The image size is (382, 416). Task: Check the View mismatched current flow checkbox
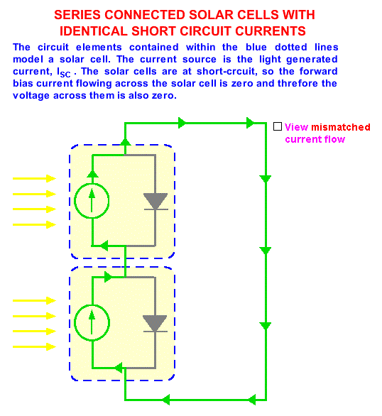[x=278, y=126]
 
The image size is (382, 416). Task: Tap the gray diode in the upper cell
[x=155, y=202]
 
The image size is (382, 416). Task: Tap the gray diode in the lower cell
[x=155, y=324]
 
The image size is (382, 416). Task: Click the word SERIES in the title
[x=77, y=15]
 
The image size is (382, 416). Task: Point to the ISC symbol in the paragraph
[x=64, y=72]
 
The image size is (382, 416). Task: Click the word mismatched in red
[x=341, y=127]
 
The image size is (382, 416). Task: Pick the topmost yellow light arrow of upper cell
[x=34, y=178]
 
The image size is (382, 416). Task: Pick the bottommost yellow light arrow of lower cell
[x=34, y=346]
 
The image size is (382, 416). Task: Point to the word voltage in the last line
[x=31, y=96]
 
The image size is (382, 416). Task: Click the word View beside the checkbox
[x=297, y=127]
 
